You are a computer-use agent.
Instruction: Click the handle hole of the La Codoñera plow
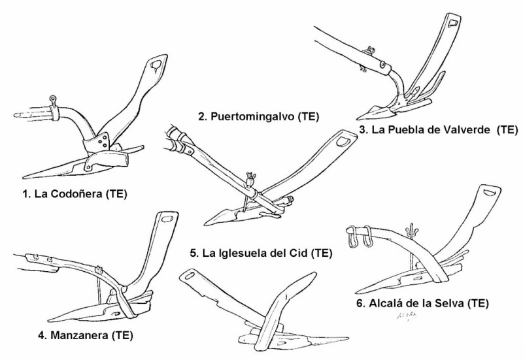tap(155, 64)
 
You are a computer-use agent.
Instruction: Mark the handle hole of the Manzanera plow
tap(167, 219)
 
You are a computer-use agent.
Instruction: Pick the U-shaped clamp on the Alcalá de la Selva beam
tap(360, 236)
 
